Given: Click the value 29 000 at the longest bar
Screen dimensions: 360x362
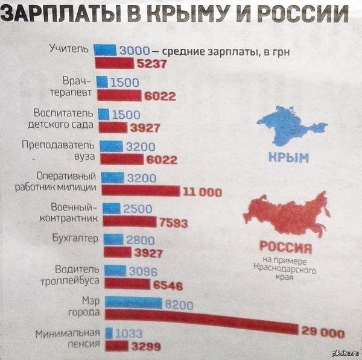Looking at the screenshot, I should (x=322, y=332).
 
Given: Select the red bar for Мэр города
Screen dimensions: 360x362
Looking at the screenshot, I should (x=199, y=322).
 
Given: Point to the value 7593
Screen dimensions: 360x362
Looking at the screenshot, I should (x=176, y=221).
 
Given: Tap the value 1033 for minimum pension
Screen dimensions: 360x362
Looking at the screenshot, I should (x=128, y=333).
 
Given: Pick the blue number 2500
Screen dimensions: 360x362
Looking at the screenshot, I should (x=139, y=209).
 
